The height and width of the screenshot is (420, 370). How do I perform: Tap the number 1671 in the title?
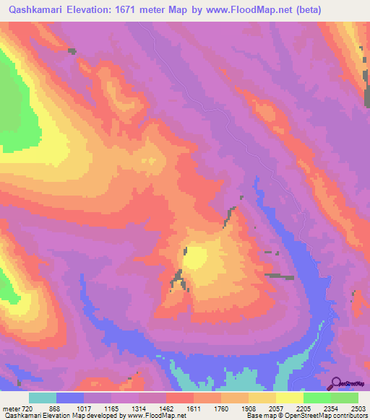click(145, 10)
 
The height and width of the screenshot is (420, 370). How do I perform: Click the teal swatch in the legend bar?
click(43, 398)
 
